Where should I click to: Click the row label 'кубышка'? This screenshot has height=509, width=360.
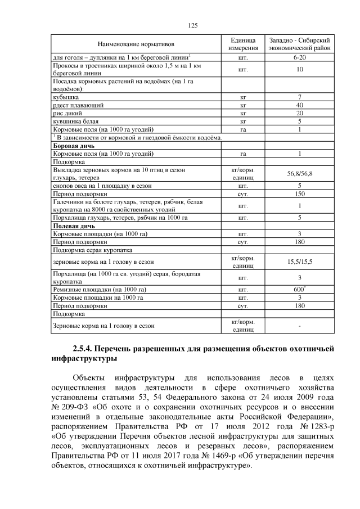(x=65, y=97)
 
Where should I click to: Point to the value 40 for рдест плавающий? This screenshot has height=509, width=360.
(x=299, y=105)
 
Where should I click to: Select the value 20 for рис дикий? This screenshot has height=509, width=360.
(x=299, y=113)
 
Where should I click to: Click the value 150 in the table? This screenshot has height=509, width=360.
(x=299, y=193)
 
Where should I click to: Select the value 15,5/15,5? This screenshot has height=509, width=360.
(x=299, y=262)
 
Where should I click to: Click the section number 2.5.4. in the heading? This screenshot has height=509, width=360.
(x=85, y=348)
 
